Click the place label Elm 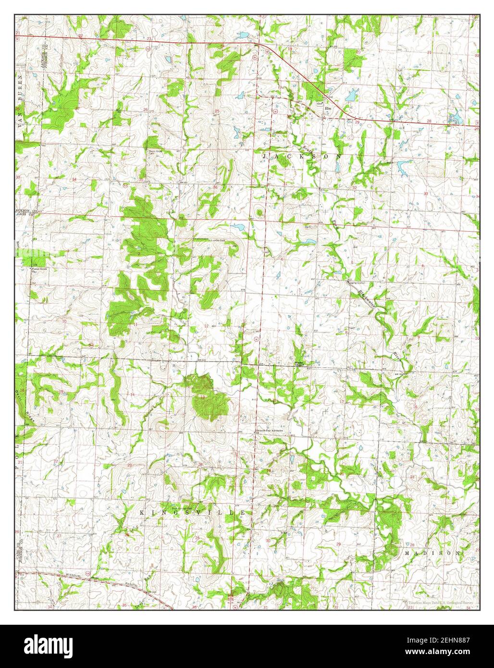[x=329, y=108]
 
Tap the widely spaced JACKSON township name [x=301, y=157]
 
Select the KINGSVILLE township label [x=193, y=513]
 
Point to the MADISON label [x=432, y=553]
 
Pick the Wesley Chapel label [x=300, y=364]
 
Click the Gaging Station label [x=355, y=283]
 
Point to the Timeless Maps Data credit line [x=443, y=601]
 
